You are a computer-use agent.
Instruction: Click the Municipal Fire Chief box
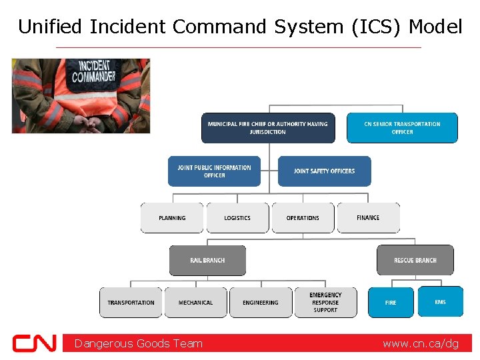(268, 128)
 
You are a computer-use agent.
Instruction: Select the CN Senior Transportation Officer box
(402, 128)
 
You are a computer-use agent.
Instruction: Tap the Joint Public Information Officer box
(214, 171)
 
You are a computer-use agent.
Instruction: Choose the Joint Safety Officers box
(324, 171)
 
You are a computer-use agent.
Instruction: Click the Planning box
(172, 218)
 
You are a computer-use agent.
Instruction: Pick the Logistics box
(237, 218)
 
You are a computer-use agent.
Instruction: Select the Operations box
(303, 218)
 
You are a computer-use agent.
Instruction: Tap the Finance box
(368, 218)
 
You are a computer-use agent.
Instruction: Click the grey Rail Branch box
(207, 260)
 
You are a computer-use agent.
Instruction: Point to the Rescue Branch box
(415, 260)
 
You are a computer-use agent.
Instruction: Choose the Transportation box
(131, 303)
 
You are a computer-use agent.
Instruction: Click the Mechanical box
(196, 303)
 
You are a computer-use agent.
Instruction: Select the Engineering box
(261, 303)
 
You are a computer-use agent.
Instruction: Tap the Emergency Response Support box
(325, 303)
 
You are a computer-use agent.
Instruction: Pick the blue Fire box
(391, 303)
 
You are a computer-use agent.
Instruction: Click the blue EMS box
(440, 302)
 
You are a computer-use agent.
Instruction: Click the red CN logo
(35, 343)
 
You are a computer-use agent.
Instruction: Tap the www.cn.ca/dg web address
(421, 343)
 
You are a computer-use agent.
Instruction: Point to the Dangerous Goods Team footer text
(139, 343)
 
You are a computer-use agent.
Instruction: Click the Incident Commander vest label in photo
(93, 72)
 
